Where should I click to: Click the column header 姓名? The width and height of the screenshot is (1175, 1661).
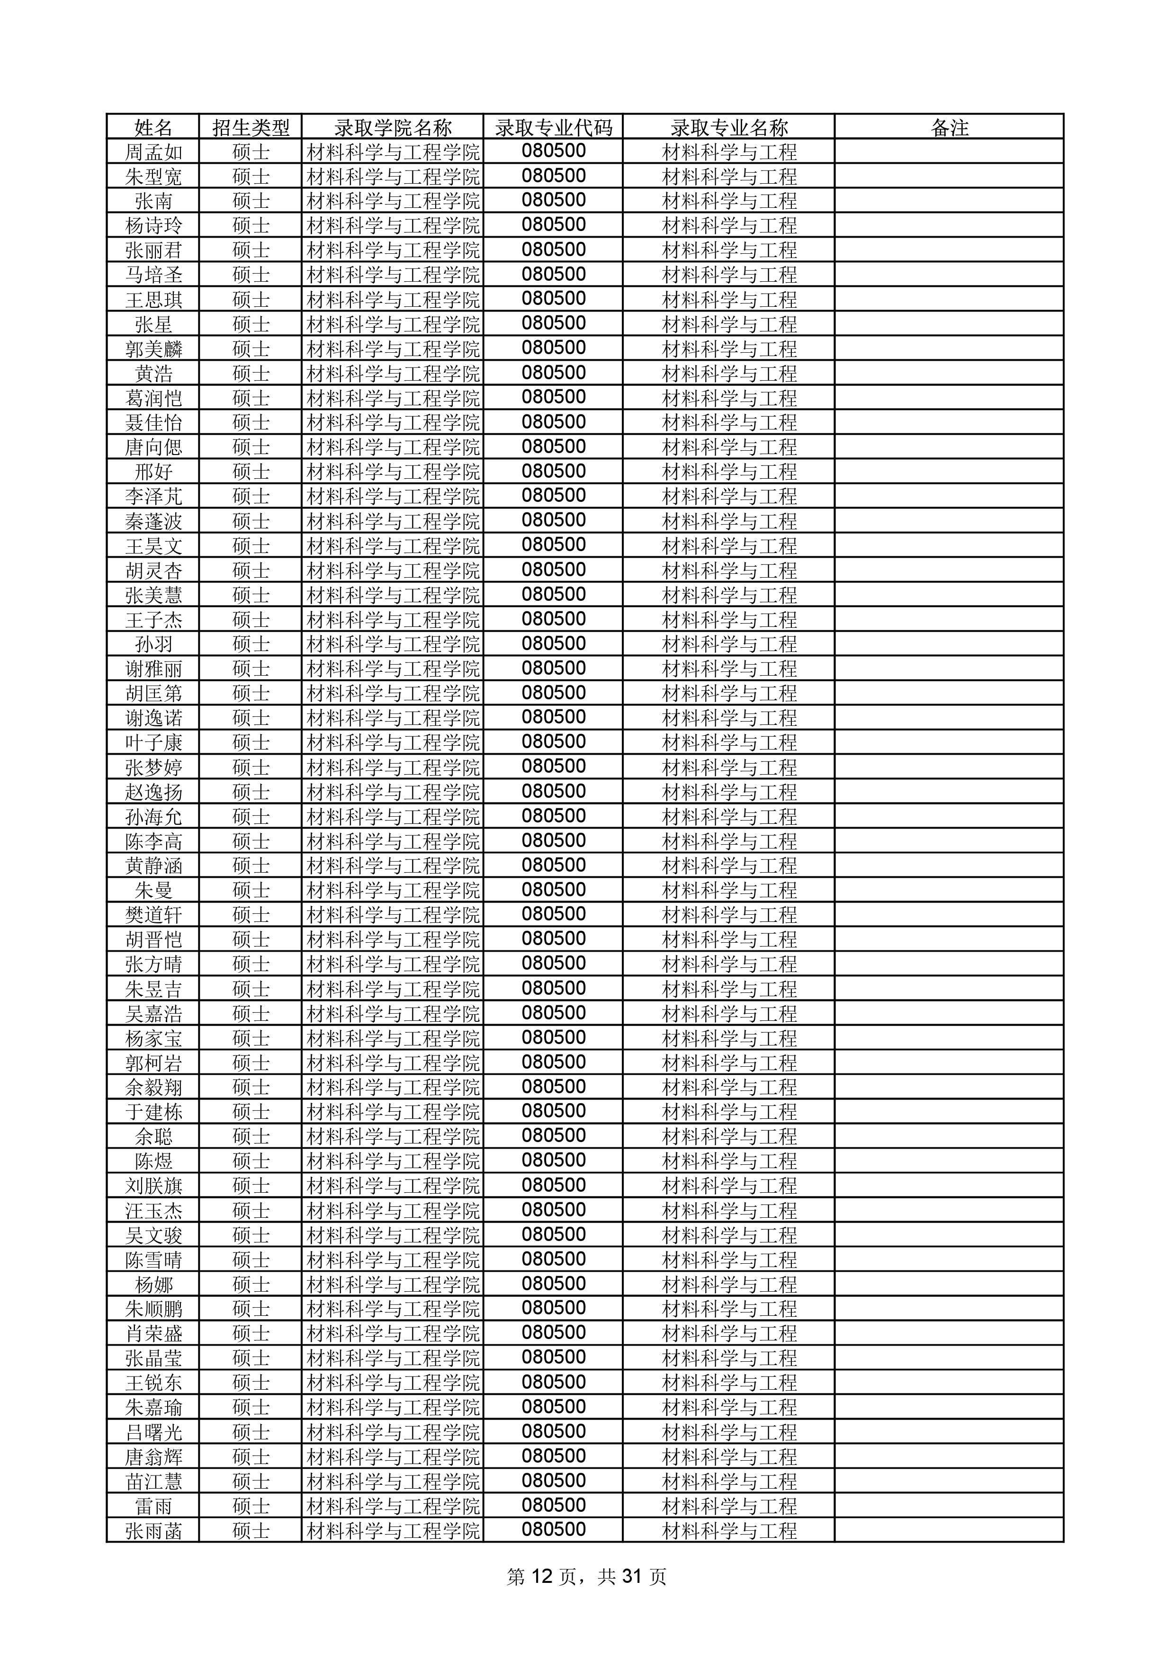[153, 128]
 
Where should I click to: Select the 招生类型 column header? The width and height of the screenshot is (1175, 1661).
[251, 128]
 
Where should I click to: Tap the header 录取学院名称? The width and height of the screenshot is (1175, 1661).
[393, 128]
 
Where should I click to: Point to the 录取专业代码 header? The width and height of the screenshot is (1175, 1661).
[554, 128]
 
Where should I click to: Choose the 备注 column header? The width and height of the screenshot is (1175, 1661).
[949, 128]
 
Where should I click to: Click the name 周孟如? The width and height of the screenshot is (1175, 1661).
[153, 152]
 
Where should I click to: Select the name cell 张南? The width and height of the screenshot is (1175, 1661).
[153, 201]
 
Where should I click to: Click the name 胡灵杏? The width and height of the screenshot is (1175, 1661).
[153, 571]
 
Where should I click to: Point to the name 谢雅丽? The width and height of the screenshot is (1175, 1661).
[153, 669]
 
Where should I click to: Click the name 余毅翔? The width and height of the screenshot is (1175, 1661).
[153, 1087]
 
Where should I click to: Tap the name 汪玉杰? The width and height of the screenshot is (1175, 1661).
[153, 1210]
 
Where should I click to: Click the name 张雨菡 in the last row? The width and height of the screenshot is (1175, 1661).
[153, 1530]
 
